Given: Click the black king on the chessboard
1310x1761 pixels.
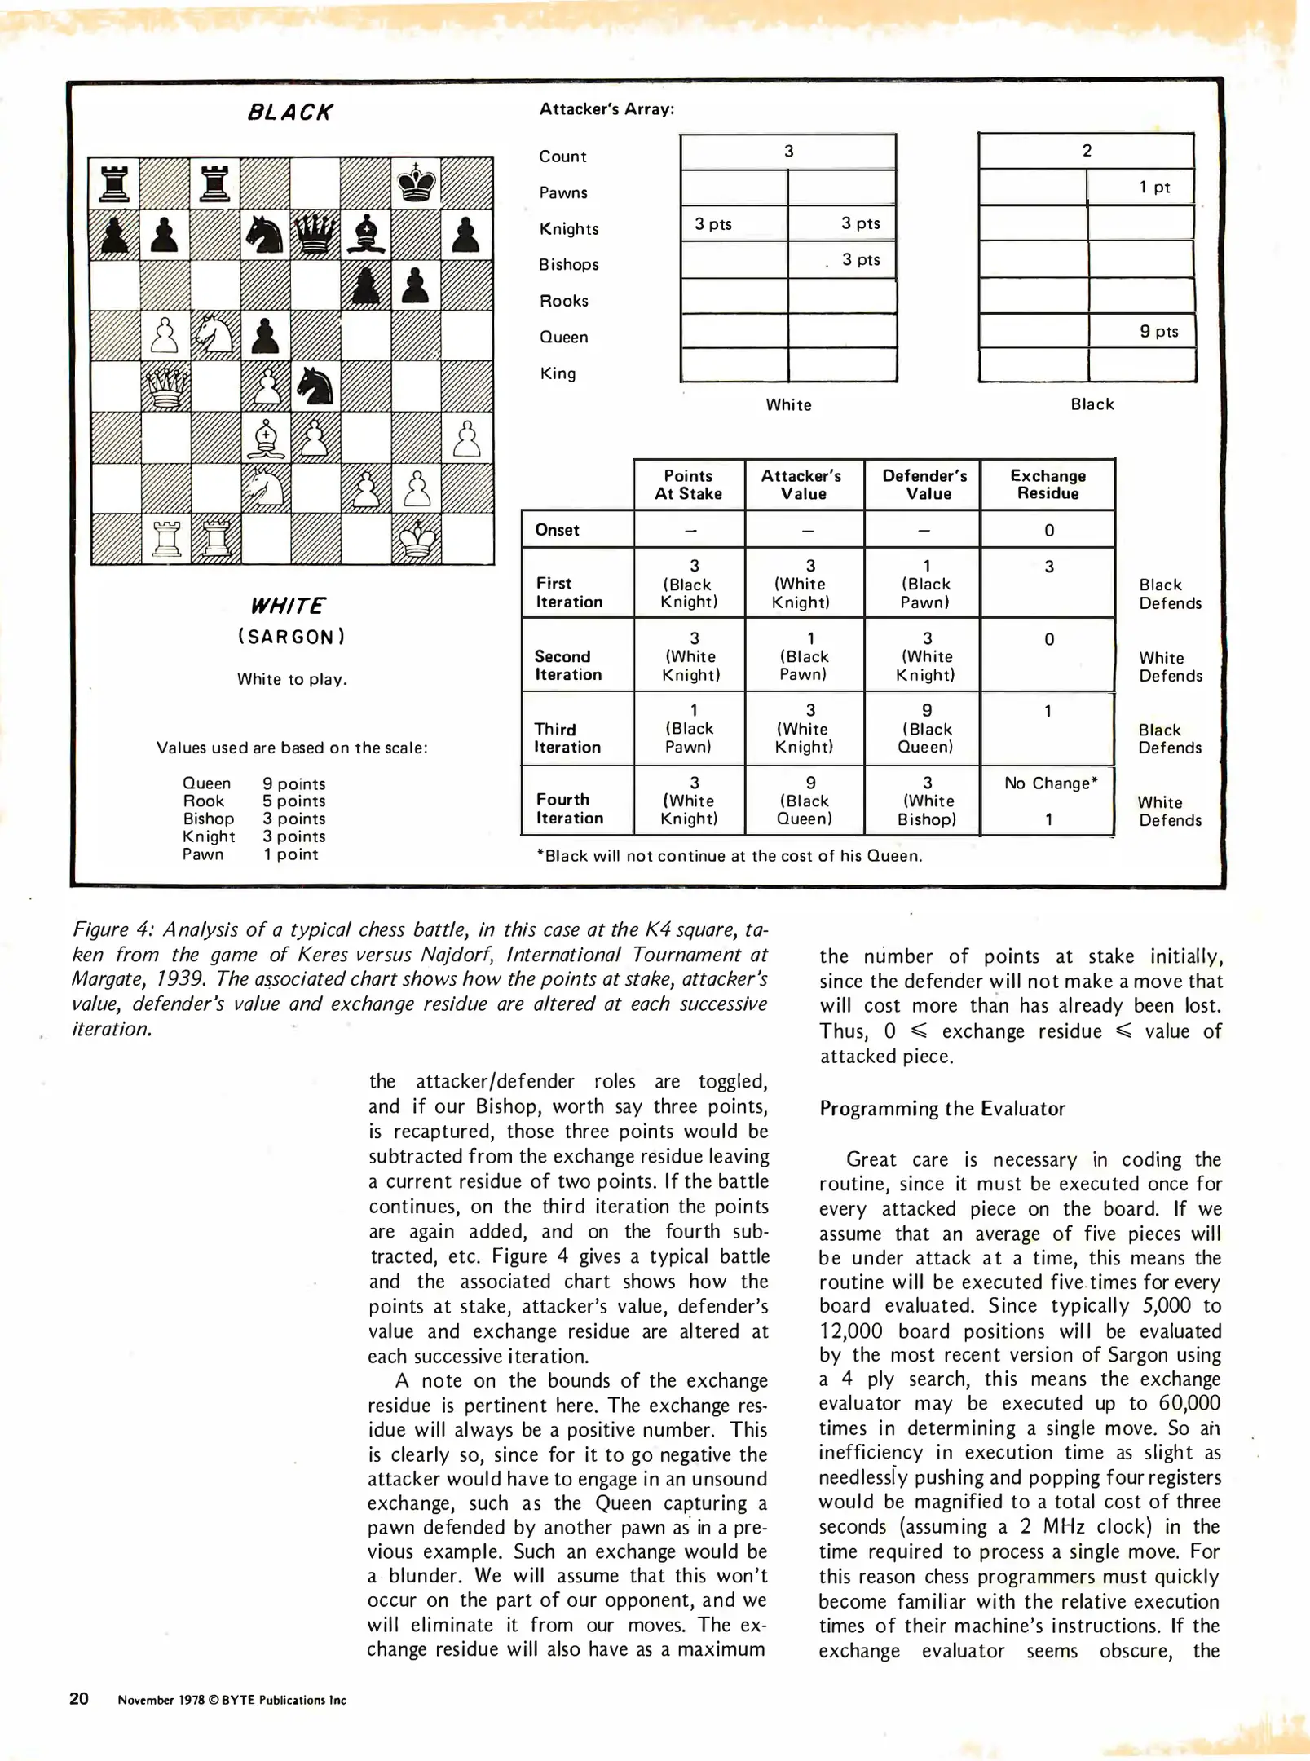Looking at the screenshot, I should click(x=416, y=183).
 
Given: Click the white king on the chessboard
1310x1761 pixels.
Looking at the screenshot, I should click(x=416, y=538).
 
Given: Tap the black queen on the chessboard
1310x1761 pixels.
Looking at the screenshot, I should click(x=315, y=234).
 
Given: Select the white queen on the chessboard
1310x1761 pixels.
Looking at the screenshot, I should click(x=166, y=386).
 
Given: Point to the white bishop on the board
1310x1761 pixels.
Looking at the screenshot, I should click(x=266, y=439).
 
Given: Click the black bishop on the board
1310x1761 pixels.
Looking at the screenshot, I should click(x=366, y=234).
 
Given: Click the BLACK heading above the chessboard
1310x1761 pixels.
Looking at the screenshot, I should click(x=290, y=113).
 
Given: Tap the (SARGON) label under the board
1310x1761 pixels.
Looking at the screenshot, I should click(x=292, y=637).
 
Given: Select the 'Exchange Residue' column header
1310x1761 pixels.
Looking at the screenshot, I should click(x=1048, y=484).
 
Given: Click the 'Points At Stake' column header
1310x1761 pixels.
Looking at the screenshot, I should click(x=688, y=484).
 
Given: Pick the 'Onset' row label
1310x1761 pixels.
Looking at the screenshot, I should click(x=557, y=530).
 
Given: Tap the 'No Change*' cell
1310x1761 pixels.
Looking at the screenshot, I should click(x=1050, y=783).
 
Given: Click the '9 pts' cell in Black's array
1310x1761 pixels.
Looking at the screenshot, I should click(x=1158, y=331).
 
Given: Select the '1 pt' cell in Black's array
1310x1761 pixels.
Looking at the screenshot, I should click(x=1153, y=187).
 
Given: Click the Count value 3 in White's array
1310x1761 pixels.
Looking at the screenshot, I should click(x=788, y=151).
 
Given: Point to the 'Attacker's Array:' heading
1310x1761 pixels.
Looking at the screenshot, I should click(x=606, y=109).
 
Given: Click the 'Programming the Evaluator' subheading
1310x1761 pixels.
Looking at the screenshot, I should click(x=942, y=1108).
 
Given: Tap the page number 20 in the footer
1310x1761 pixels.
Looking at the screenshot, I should click(x=79, y=1698).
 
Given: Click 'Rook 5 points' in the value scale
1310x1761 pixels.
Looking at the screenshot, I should click(x=254, y=801).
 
